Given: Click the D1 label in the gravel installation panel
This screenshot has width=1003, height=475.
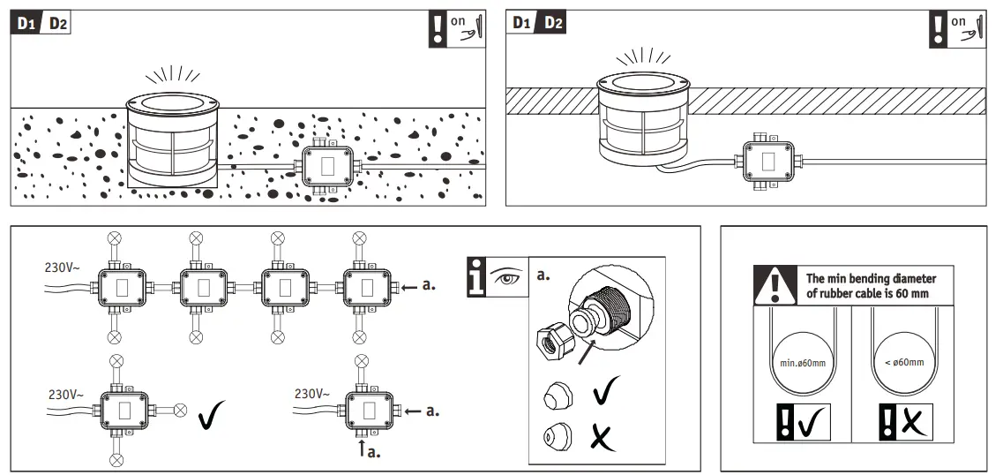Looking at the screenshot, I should click(x=26, y=24).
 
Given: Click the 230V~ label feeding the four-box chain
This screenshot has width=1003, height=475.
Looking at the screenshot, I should click(x=64, y=266).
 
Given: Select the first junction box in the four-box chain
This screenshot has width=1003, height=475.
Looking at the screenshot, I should click(x=122, y=286).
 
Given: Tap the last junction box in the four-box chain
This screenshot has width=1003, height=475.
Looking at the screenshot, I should click(x=365, y=286).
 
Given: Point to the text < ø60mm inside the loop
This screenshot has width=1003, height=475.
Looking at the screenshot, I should click(x=904, y=362).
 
